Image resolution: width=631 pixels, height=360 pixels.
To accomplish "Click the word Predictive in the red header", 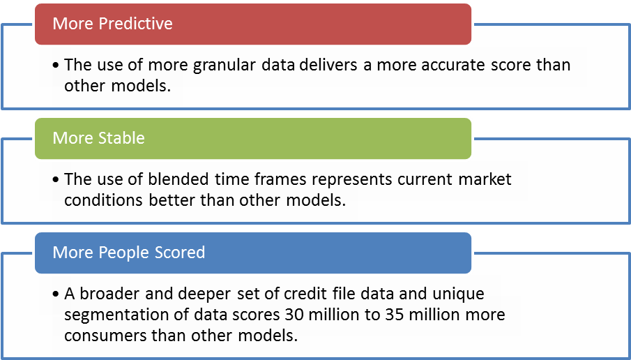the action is tap(136, 23).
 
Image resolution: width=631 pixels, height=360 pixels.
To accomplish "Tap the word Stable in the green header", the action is tap(121, 137).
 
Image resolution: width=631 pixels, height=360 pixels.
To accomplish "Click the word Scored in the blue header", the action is tap(174, 252).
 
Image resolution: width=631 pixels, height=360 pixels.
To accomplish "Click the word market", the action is tap(485, 179).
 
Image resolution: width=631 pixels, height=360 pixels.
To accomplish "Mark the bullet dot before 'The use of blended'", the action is tap(56, 179).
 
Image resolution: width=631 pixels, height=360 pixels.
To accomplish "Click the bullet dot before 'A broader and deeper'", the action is tap(56, 294).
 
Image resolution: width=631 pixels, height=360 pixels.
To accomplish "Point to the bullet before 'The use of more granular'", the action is tap(56, 66).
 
